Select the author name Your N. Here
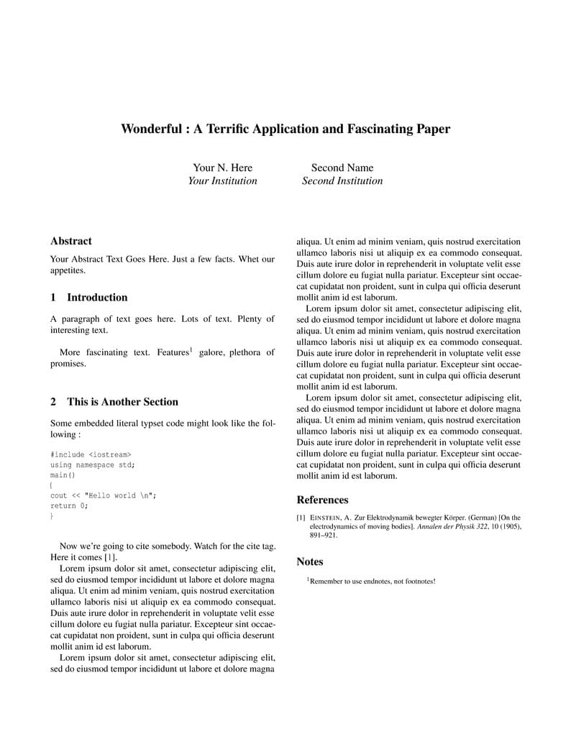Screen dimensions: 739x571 pos(223,168)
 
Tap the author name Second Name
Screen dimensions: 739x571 pos(342,168)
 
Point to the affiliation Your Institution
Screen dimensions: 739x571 pos(222,181)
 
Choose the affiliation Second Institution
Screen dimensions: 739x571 pos(342,181)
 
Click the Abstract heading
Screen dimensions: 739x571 pos(71,242)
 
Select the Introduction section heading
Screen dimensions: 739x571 pos(97,298)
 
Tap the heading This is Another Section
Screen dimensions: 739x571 pos(122,402)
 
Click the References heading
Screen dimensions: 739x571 pos(322,500)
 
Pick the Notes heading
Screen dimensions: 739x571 pos(310,562)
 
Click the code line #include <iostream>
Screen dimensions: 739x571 pos(91,454)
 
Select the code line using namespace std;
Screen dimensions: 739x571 pos(92,464)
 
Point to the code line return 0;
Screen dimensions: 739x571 pos(69,505)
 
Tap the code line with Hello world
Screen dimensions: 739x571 pos(103,495)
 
